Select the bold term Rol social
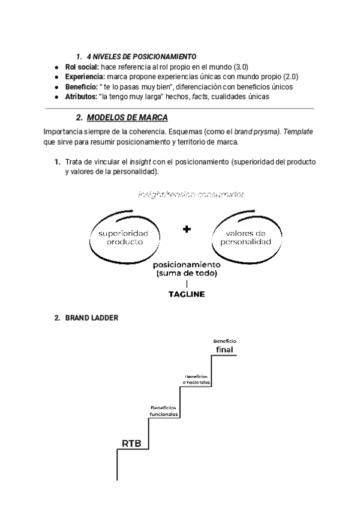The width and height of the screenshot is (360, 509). (82, 67)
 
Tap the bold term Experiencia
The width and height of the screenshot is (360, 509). (85, 77)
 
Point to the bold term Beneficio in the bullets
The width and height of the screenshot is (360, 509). (82, 86)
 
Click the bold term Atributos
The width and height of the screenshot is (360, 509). (82, 97)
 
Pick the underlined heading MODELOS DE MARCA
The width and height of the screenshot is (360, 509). (127, 117)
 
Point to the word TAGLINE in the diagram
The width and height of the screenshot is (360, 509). (187, 294)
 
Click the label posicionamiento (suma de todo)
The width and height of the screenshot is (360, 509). (187, 269)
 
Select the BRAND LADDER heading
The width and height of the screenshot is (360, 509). (92, 318)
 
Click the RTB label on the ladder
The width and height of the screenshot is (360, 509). (131, 444)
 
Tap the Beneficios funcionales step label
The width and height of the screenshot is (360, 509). (164, 411)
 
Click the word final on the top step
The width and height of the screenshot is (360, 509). (224, 349)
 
